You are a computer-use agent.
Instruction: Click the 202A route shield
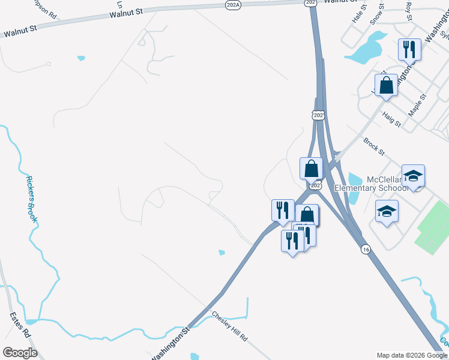tap(234, 4)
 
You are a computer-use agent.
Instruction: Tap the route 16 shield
tap(364, 249)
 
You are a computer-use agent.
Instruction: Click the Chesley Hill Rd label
tap(229, 326)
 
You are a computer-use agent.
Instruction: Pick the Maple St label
tap(417, 104)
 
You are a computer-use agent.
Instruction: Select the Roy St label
tap(409, 11)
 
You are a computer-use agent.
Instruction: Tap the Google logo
tap(19, 353)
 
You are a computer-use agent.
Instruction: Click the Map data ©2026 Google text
tap(411, 355)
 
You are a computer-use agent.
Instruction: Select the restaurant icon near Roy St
tap(409, 49)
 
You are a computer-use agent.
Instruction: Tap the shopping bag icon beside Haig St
tap(386, 85)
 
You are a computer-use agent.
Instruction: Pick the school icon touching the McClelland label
tap(412, 176)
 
